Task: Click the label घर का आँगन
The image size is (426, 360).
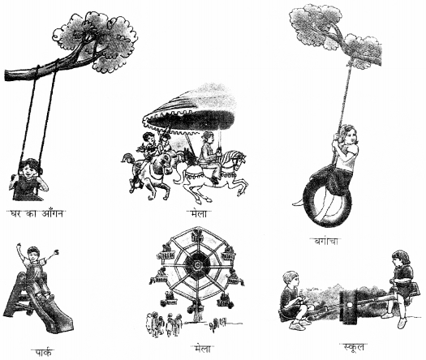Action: pyautogui.click(x=36, y=214)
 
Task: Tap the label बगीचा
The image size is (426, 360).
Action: pyautogui.click(x=325, y=241)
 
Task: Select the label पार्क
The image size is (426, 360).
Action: pyautogui.click(x=45, y=352)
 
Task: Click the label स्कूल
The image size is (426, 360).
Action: pyautogui.click(x=353, y=347)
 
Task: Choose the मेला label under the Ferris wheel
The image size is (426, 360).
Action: pyautogui.click(x=202, y=349)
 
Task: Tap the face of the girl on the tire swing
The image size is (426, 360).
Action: pyautogui.click(x=351, y=135)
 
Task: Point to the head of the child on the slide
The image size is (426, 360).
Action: pyautogui.click(x=34, y=254)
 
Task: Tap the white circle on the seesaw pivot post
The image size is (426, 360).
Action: pyautogui.click(x=350, y=305)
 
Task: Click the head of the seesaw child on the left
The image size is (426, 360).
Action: pyautogui.click(x=290, y=280)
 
